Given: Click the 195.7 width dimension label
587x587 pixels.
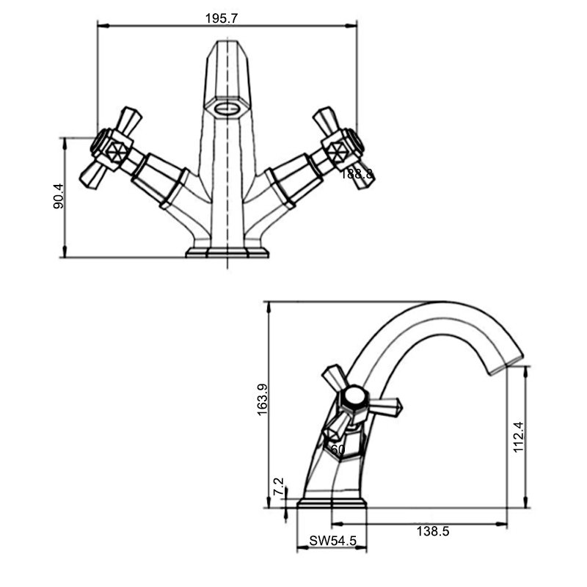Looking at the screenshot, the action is click(x=222, y=18).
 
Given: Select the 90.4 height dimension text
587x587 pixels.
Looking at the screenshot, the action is click(x=59, y=196).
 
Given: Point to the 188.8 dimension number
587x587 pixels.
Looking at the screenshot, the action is click(x=357, y=174).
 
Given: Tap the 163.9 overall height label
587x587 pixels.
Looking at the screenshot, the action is click(x=263, y=399).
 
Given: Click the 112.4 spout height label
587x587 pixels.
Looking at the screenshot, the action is click(x=519, y=437).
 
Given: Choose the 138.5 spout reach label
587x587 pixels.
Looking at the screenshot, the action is click(x=433, y=531).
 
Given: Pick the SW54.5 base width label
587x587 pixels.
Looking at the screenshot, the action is click(x=333, y=541).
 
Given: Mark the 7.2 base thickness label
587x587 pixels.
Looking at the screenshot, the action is click(x=279, y=486).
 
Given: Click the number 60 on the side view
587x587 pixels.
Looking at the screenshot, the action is click(x=338, y=449).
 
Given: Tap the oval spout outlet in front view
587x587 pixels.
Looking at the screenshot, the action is click(x=227, y=108).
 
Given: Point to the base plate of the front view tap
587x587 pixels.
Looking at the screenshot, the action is click(x=227, y=252).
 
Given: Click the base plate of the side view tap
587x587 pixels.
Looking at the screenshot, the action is click(x=332, y=504).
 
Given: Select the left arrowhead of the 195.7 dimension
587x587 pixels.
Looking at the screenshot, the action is click(x=103, y=26).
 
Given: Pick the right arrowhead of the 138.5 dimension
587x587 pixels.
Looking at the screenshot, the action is click(x=501, y=524).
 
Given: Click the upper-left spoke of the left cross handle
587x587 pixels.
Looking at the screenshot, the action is click(x=129, y=120).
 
